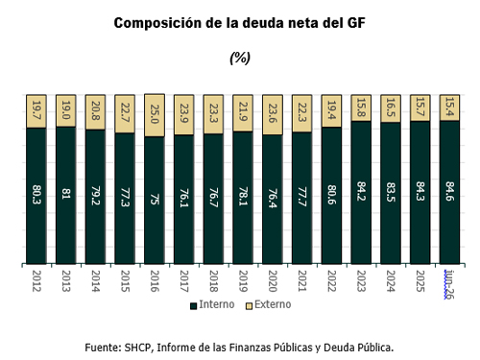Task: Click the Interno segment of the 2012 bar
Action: click(36, 196)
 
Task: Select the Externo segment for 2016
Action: click(155, 115)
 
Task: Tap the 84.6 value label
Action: click(449, 191)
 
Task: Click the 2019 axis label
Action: click(243, 281)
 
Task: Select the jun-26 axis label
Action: click(449, 284)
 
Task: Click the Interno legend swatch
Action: click(193, 306)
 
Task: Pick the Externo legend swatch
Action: click(249, 306)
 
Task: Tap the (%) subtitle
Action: click(240, 58)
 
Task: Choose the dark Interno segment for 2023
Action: click(361, 193)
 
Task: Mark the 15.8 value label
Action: click(361, 108)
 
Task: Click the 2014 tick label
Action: click(95, 281)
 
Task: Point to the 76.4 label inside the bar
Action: click(273, 198)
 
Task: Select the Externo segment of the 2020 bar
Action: click(273, 115)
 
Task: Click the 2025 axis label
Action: click(420, 281)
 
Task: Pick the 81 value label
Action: click(65, 194)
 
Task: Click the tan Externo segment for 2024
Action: click(391, 108)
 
